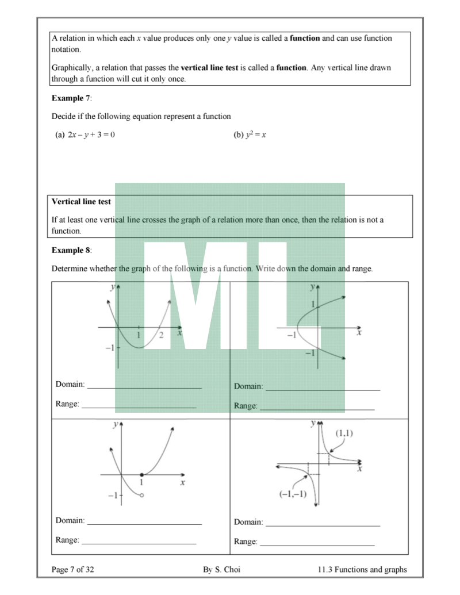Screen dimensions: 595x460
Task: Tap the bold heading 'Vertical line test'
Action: pyautogui.click(x=81, y=202)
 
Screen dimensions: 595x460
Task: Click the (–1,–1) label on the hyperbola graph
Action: pyautogui.click(x=293, y=493)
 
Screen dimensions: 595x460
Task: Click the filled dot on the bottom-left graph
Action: pyautogui.click(x=141, y=475)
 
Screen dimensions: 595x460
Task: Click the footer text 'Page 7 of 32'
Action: pyautogui.click(x=73, y=570)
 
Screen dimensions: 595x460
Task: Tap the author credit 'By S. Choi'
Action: pyautogui.click(x=221, y=570)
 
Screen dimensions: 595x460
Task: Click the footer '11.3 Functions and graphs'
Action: pyautogui.click(x=362, y=570)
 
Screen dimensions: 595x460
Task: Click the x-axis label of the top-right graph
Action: pyautogui.click(x=359, y=332)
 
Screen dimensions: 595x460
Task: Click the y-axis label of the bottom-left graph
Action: pyautogui.click(x=116, y=424)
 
